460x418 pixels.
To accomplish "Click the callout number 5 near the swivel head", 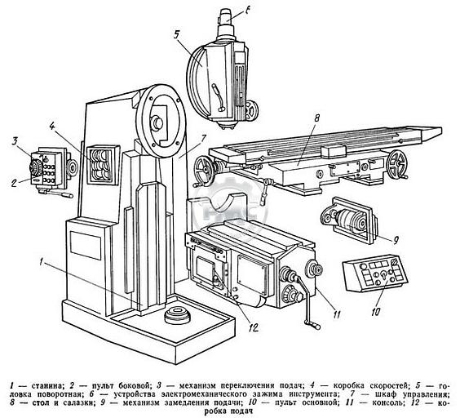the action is coord(176,34).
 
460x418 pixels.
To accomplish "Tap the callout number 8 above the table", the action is coord(316,118).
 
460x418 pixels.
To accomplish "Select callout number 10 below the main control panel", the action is coord(376,312).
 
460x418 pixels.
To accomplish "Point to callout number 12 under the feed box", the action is coord(253,327).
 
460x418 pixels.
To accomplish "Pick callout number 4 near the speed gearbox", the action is coord(52,127).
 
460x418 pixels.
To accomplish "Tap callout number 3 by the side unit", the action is coord(15,141).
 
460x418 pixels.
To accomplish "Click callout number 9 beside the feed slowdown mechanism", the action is coord(396,241).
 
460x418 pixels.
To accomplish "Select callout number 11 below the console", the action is coord(337,314).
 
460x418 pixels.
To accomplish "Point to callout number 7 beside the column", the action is coord(204,138).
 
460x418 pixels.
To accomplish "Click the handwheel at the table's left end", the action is coord(204,171).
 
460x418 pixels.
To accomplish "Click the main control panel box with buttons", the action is coord(375,273).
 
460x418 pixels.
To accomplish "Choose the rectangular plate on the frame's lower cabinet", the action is coord(86,246).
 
